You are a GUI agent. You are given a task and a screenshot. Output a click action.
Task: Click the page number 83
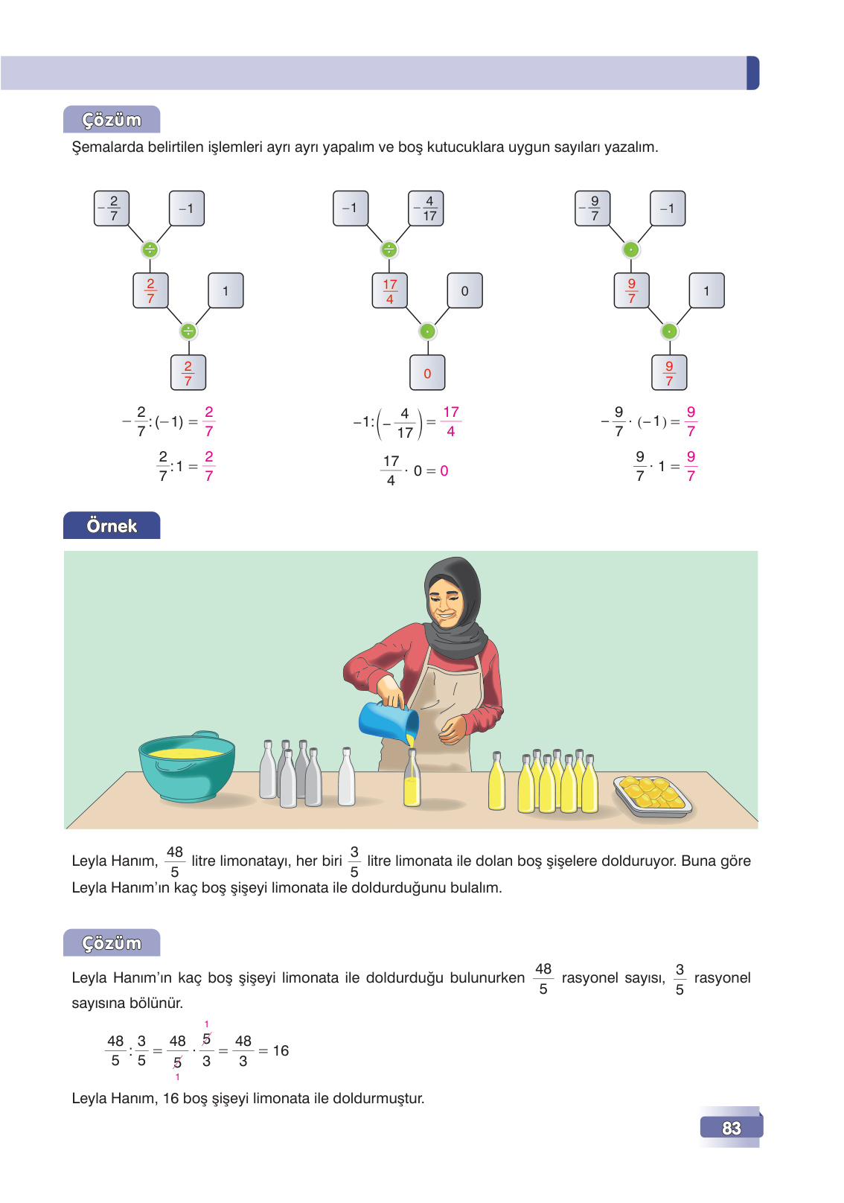click(731, 1128)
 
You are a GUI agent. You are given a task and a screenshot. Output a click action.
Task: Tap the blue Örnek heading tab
click(112, 526)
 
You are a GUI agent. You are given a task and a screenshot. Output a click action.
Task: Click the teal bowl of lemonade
click(187, 767)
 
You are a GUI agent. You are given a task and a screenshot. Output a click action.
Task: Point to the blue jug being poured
click(387, 721)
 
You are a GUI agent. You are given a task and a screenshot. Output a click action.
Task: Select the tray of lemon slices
click(653, 794)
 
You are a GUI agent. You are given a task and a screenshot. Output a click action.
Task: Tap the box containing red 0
click(427, 373)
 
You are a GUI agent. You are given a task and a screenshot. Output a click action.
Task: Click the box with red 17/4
click(390, 291)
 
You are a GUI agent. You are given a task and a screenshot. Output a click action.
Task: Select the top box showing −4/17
click(426, 208)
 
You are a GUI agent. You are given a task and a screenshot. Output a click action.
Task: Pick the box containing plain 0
click(464, 291)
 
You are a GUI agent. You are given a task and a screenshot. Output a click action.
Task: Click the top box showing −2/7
click(112, 208)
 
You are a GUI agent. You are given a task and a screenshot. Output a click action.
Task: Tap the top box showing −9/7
click(592, 208)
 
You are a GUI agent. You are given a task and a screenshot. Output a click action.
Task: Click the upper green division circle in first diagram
click(150, 249)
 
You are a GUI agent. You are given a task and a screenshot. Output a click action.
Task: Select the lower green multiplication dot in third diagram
click(669, 331)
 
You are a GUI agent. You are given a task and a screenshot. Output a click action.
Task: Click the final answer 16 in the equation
click(281, 1050)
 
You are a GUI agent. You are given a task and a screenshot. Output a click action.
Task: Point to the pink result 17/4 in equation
click(450, 421)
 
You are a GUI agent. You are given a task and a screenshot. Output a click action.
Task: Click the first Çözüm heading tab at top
click(112, 120)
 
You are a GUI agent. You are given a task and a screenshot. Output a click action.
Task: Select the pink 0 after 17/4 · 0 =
click(444, 471)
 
